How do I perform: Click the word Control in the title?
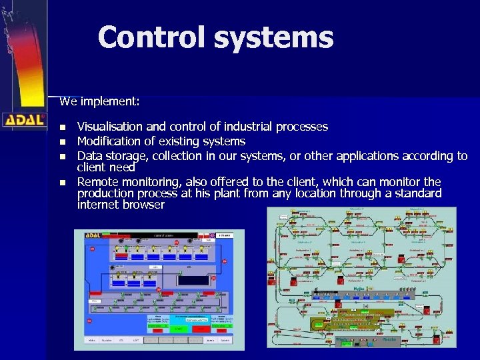tap(152, 37)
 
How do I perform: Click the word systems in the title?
tap(273, 37)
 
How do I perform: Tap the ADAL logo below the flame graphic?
tap(23, 121)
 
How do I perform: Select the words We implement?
tap(99, 102)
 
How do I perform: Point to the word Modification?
tap(110, 141)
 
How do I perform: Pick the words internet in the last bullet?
tap(98, 205)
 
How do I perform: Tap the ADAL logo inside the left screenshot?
tap(87, 235)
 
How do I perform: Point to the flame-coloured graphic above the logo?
tap(23, 60)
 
